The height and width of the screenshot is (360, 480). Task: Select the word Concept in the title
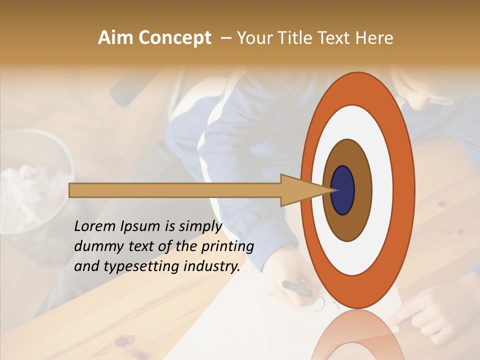point(174,38)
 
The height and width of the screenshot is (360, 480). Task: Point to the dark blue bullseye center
point(343,190)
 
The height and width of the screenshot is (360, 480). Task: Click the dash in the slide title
point(225,38)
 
